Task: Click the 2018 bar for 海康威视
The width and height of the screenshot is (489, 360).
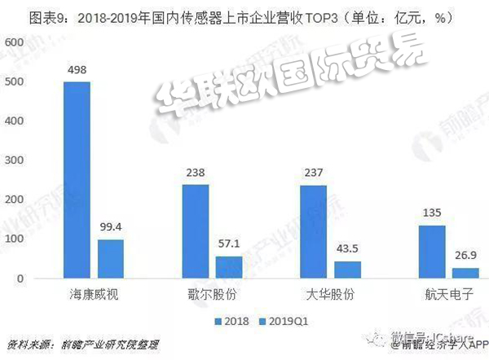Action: click(x=77, y=180)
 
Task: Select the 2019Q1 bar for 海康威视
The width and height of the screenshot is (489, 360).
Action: click(x=111, y=259)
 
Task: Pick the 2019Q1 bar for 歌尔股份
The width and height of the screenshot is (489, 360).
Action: click(x=229, y=267)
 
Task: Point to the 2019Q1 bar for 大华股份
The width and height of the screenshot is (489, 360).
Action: click(x=347, y=270)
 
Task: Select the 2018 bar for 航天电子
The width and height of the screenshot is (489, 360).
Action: click(x=432, y=252)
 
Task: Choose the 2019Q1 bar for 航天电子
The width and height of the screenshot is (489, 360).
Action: click(x=465, y=273)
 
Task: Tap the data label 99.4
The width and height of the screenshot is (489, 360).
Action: click(x=112, y=226)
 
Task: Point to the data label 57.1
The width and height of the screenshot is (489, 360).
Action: click(x=229, y=244)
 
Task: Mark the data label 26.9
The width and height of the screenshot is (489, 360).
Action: click(x=465, y=255)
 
